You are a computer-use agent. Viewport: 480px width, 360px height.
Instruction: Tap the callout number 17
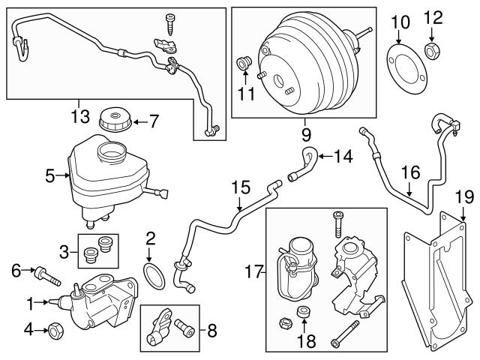point(251,268)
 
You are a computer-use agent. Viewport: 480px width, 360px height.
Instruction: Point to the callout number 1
point(31,303)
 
